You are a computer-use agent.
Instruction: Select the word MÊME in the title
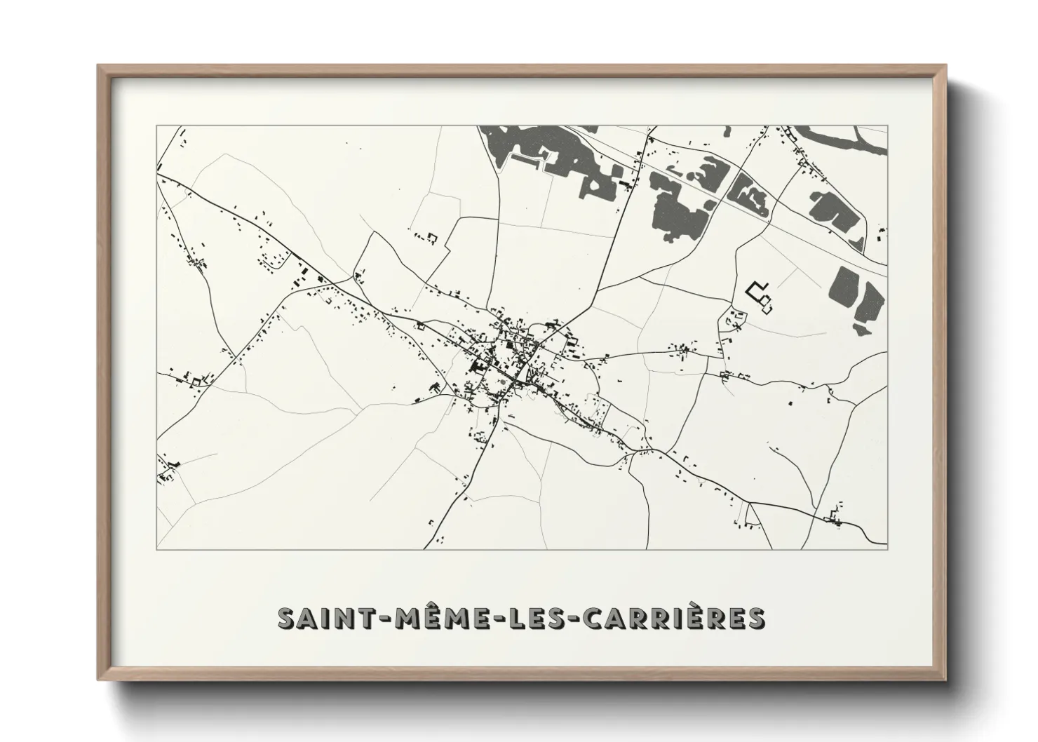pyautogui.click(x=434, y=618)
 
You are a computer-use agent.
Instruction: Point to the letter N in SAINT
pyautogui.click(x=341, y=618)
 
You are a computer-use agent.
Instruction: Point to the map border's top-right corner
pyautogui.click(x=887, y=126)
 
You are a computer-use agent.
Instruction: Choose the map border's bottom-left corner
pyautogui.click(x=157, y=549)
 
